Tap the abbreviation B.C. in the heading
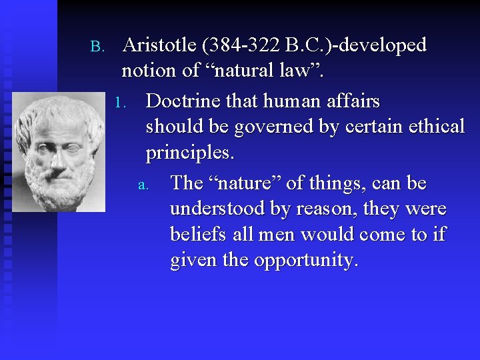pyautogui.click(x=304, y=45)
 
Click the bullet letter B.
pyautogui.click(x=95, y=47)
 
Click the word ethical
pyautogui.click(x=432, y=127)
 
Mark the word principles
pyautogui.click(x=189, y=153)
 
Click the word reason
pyautogui.click(x=323, y=210)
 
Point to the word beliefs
pyautogui.click(x=199, y=235)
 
